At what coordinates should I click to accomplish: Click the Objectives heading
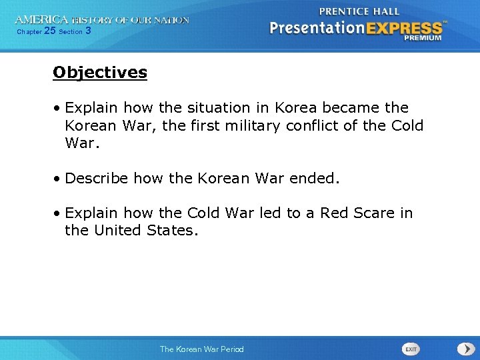100,72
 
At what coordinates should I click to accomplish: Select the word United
119,231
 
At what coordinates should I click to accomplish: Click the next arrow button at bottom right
465,349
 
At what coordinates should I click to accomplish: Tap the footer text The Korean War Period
201,349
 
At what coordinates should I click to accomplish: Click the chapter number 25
49,31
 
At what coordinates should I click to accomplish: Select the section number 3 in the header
88,31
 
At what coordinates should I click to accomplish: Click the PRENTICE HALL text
359,11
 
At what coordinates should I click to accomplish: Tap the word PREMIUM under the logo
422,39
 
